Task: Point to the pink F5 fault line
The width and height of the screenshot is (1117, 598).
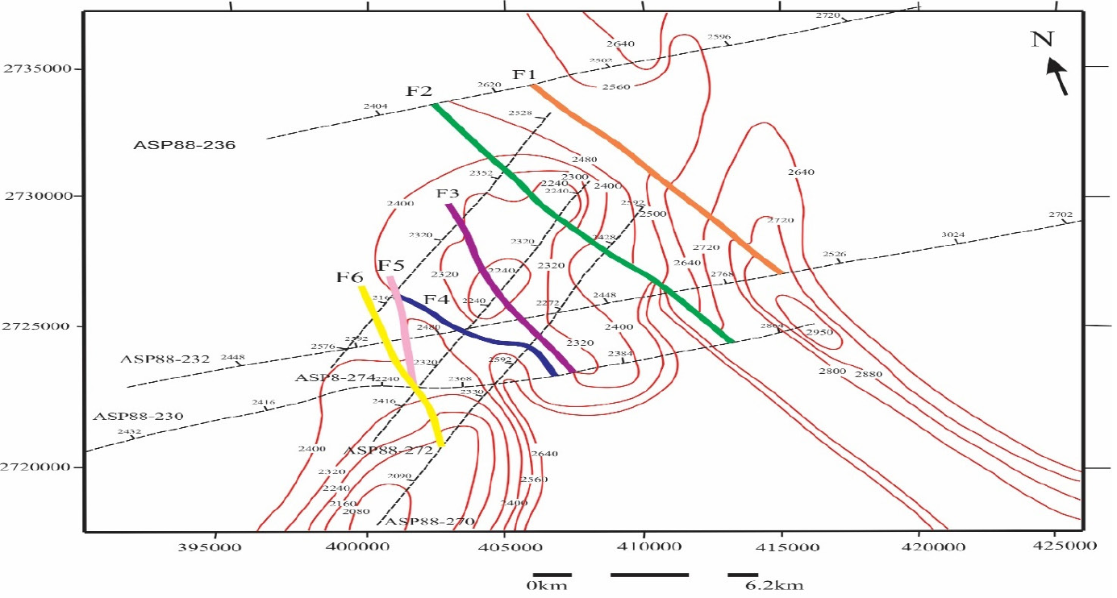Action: click(401, 322)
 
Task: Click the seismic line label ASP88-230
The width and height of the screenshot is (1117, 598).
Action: click(138, 417)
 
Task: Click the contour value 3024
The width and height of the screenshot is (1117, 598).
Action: click(953, 235)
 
